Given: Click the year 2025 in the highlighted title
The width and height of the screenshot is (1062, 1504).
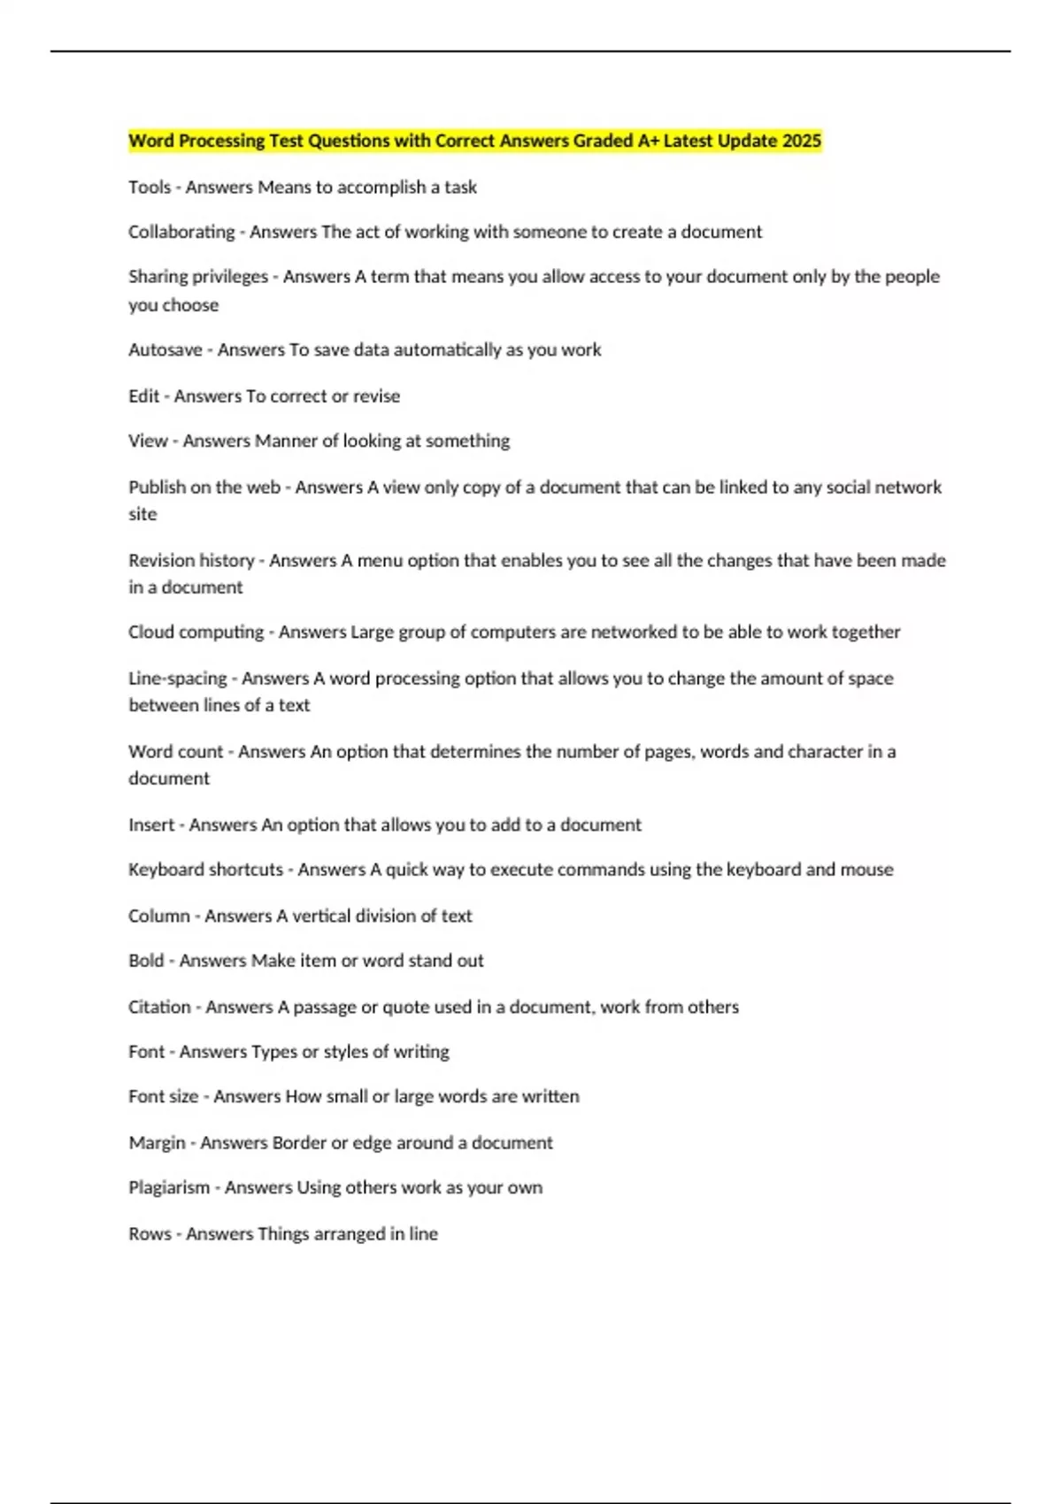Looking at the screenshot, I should [x=802, y=141].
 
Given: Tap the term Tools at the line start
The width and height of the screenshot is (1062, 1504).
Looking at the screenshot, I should [x=150, y=188].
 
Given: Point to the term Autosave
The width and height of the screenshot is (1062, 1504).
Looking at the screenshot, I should [x=165, y=350].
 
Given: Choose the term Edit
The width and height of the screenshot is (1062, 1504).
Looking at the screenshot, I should [x=143, y=396].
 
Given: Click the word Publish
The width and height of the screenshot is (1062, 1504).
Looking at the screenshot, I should [x=157, y=487].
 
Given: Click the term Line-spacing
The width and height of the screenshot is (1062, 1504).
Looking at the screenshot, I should [x=178, y=679].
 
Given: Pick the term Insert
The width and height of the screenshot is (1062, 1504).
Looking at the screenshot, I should [x=151, y=825].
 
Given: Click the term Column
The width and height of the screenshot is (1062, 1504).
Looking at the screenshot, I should [x=159, y=917].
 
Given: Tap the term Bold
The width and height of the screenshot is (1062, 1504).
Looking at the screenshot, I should [x=146, y=961].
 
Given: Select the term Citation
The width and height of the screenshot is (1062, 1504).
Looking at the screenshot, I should [x=159, y=1007].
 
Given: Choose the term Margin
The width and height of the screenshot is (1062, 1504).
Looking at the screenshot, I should [x=157, y=1143].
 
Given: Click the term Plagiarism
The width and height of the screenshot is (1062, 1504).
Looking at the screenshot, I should [x=169, y=1188].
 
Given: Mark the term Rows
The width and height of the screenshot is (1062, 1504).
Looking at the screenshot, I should [x=150, y=1234].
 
